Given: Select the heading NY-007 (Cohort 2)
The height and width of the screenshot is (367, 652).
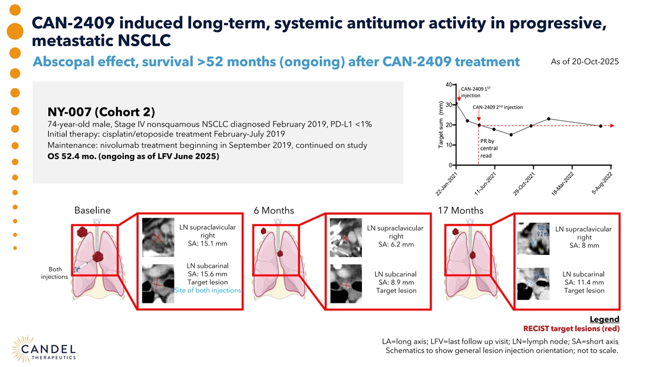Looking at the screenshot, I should coord(102,113).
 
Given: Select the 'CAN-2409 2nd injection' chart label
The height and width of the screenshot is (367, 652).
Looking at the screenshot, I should coord(498,107).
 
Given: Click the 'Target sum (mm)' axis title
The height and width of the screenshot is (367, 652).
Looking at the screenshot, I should coord(441,125).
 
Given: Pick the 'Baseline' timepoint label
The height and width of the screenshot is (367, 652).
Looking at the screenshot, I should coord(92,211).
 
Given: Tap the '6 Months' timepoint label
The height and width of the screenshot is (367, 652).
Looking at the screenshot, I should coord(273,211).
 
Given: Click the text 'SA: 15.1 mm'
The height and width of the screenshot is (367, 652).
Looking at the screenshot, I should coord(208,244).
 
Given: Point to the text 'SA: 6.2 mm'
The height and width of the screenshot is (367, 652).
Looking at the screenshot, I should coord(396,245).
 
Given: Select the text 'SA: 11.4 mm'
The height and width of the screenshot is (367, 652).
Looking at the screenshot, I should coord(584,282).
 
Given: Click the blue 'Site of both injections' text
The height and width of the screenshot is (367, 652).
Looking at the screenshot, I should coord(208,290).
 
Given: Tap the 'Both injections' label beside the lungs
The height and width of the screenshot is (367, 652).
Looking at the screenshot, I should coord(54,273).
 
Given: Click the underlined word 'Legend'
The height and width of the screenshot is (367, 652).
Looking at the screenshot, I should coord(604,319).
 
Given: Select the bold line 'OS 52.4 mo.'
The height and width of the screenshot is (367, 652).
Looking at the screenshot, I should coord(134,157).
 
